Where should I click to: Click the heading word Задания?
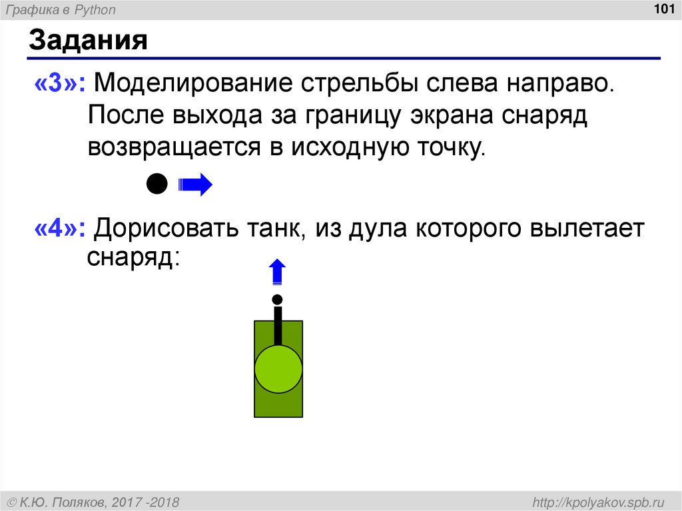[x=87, y=41]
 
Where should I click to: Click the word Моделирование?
[x=195, y=84]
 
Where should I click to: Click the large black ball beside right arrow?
[x=157, y=184]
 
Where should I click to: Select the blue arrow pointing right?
[x=194, y=184]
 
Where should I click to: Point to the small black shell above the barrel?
[x=277, y=299]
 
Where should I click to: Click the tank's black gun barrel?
[x=278, y=326]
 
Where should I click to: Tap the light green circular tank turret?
[x=278, y=369]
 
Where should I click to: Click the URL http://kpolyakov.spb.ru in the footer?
[x=596, y=501]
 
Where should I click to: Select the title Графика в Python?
[x=67, y=9]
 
